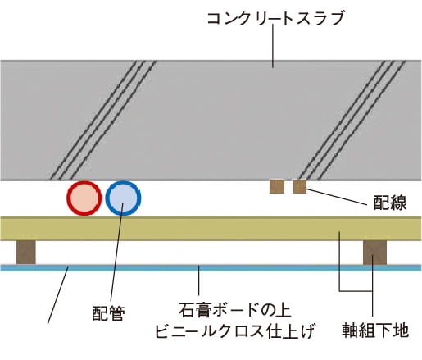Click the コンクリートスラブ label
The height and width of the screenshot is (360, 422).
[x=275, y=18]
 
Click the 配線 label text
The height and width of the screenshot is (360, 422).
[x=390, y=203]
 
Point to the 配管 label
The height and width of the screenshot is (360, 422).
[x=108, y=313]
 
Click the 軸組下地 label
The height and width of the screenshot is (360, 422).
[x=375, y=330]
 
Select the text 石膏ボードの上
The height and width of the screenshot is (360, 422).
[x=235, y=310]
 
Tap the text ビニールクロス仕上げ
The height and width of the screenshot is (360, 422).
[x=235, y=330]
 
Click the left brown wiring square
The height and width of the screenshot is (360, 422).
[x=277, y=186]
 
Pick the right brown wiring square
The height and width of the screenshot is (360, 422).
[x=300, y=186]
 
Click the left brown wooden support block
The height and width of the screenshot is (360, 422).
[x=26, y=253]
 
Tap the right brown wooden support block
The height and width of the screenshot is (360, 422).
[x=374, y=253]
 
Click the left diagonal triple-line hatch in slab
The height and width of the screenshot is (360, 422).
[x=103, y=121]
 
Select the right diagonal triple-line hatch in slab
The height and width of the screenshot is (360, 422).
[x=352, y=121]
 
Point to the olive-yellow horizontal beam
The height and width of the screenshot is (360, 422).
[x=211, y=229]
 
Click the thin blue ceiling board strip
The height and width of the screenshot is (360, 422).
[x=211, y=267]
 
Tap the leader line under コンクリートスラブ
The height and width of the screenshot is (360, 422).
[x=273, y=46]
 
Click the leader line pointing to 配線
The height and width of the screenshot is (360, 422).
[x=336, y=197]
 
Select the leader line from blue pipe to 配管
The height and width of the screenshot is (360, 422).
[x=117, y=252]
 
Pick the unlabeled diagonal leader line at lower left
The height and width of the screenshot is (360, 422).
[x=58, y=294]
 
